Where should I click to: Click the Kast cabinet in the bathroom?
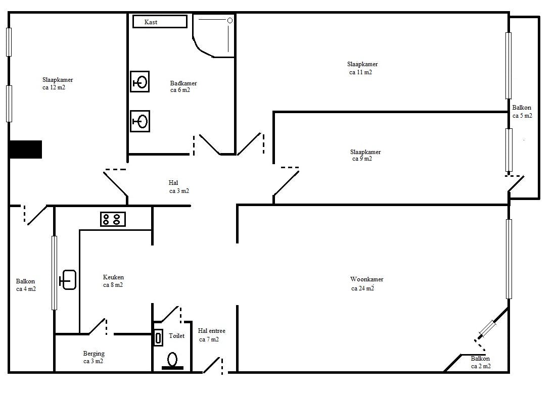160,22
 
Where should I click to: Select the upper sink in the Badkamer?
140,82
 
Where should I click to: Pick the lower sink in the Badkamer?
140,121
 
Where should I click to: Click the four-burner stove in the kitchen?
113,219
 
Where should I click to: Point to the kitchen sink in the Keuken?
68,280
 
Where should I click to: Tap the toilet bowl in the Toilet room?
173,361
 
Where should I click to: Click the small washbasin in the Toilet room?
158,337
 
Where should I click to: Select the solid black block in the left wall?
25,149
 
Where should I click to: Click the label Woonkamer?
366,279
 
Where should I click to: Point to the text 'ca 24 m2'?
363,288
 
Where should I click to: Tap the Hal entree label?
212,331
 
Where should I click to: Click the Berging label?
94,354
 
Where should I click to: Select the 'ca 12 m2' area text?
54,87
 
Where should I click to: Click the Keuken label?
113,277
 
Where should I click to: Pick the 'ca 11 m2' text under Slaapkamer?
360,72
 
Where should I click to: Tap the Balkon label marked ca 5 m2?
522,108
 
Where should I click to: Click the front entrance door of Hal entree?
213,365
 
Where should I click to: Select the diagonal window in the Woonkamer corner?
487,328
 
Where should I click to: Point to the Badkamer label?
183,83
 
